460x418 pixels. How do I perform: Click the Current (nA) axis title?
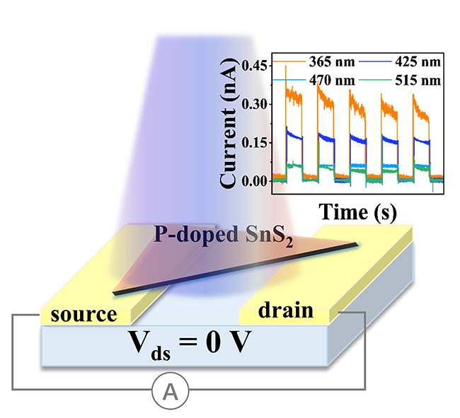[228, 123]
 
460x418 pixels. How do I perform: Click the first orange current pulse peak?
[286, 69]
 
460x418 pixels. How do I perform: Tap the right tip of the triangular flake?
[356, 245]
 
